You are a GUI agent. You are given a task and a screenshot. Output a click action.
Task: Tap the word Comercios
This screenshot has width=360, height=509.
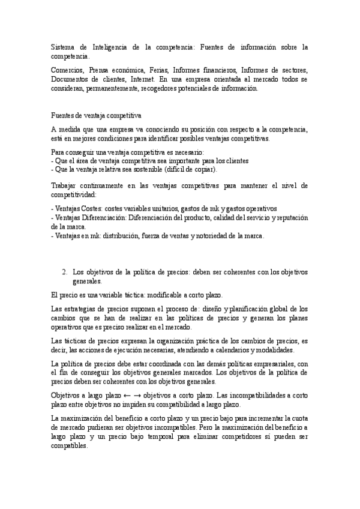coord(68,70)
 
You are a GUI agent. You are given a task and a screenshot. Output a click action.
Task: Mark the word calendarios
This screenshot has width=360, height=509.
coord(229,349)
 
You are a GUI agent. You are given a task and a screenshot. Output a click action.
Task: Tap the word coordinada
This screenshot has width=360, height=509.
coord(160,363)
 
